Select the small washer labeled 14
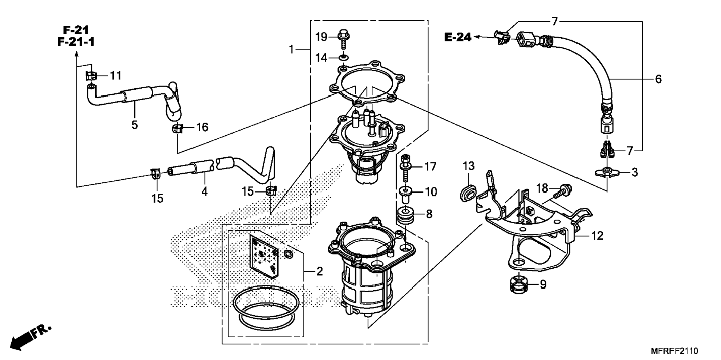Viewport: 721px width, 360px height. pos(343,58)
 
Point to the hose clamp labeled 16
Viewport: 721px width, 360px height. pos(178,129)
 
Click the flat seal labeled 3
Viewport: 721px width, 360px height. pos(607,172)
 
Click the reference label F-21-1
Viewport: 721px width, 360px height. pos(76,42)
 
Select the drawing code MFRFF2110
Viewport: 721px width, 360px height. pos(674,351)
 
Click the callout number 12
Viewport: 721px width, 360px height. pos(597,236)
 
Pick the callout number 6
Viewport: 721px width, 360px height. pos(658,79)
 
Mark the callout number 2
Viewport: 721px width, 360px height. pos(319,272)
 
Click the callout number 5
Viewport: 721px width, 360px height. pos(135,125)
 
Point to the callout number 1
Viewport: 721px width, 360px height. pos(292,49)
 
